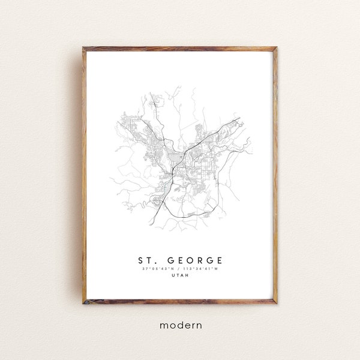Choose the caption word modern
coord(180,325)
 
